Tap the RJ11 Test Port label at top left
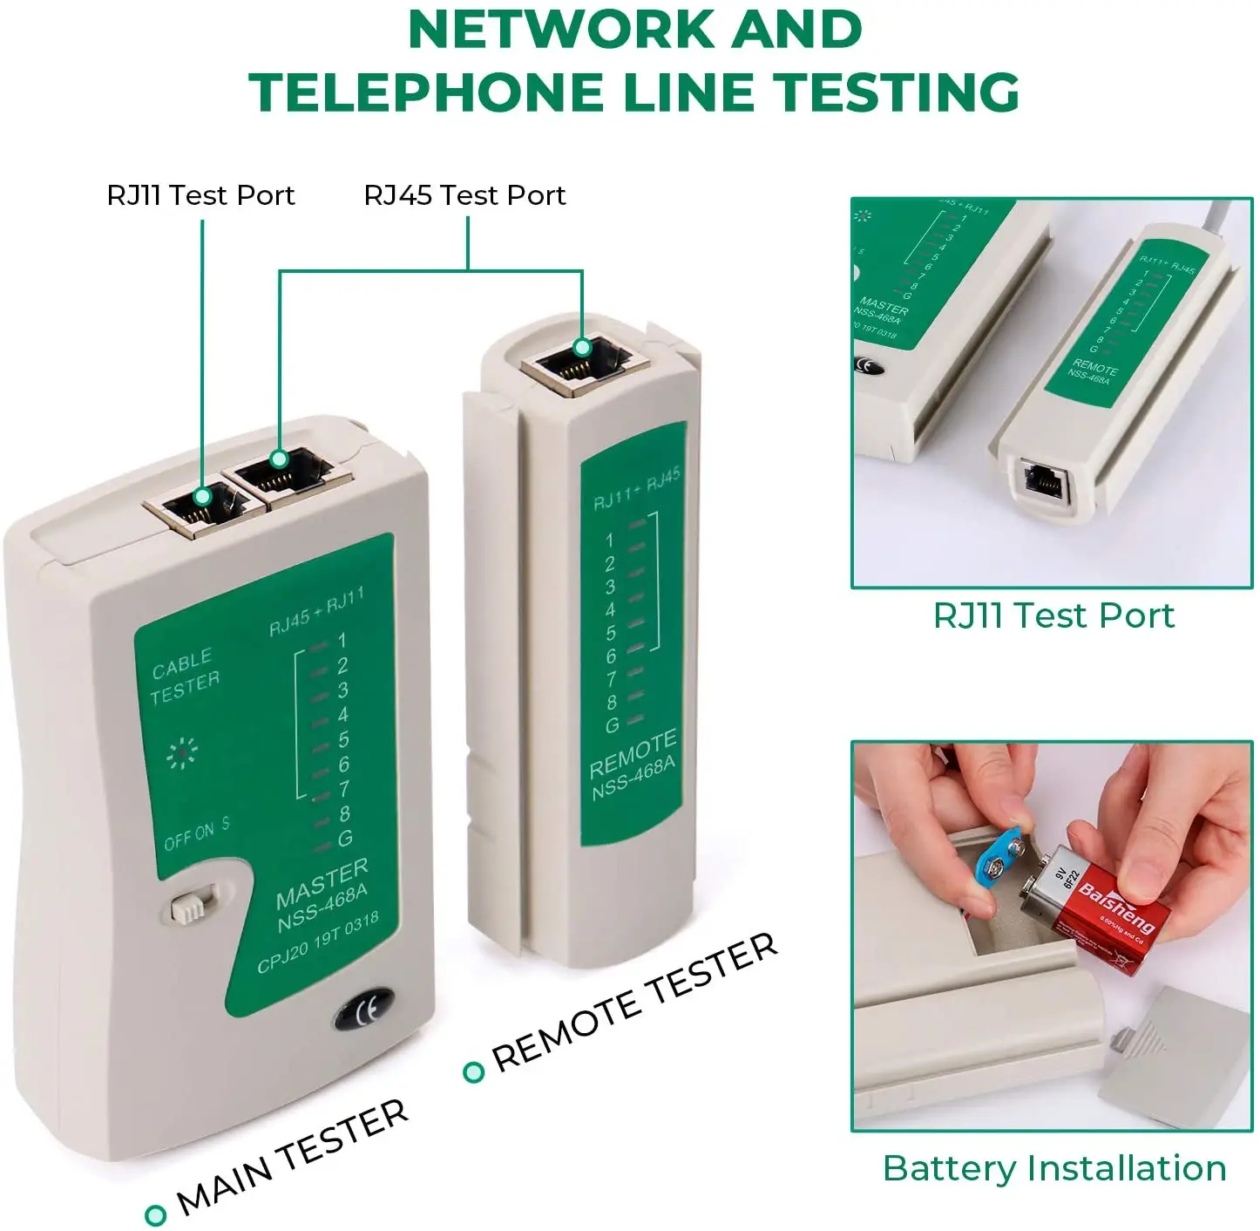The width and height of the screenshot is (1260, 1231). click(x=200, y=195)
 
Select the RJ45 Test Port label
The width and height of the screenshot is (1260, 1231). click(x=464, y=195)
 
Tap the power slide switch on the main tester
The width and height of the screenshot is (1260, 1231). click(x=191, y=906)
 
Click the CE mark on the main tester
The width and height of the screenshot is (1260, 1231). click(x=362, y=1010)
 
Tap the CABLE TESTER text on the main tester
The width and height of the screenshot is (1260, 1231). click(x=184, y=676)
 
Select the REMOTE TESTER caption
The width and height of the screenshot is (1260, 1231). click(x=633, y=1002)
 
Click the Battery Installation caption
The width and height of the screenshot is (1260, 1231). click(x=1054, y=1168)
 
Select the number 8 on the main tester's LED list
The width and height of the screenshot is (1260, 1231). click(x=344, y=813)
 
